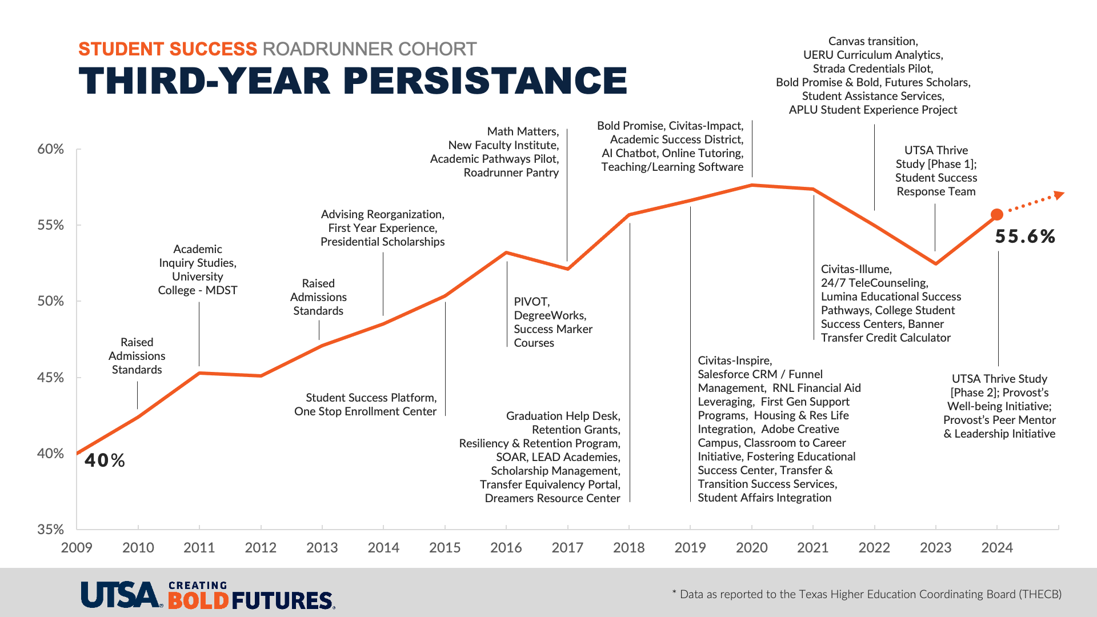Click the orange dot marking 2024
click(996, 215)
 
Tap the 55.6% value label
click(1025, 237)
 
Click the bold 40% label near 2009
click(105, 460)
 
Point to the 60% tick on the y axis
click(50, 149)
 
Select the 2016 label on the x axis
click(506, 548)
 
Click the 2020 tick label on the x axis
click(751, 548)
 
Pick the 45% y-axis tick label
click(50, 378)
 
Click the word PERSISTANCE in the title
click(485, 81)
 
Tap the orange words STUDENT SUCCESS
click(167, 49)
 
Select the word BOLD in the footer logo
click(198, 600)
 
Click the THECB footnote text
click(867, 594)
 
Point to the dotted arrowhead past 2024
click(1059, 195)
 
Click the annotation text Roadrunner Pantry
click(511, 173)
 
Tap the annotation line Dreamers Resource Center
click(552, 498)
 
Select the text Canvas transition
click(872, 41)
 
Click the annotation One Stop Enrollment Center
click(365, 411)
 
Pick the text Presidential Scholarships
click(382, 242)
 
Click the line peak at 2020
click(752, 185)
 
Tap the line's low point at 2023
click(935, 263)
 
